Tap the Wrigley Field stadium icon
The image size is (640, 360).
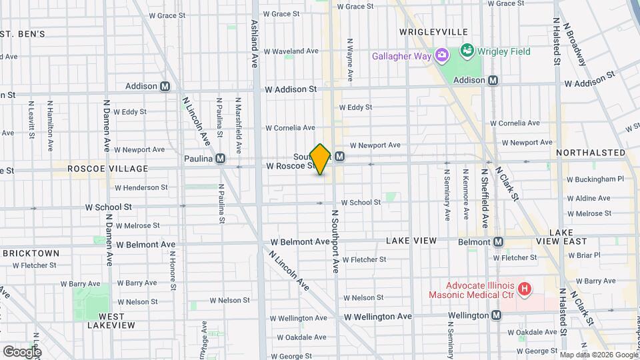coord(467,51)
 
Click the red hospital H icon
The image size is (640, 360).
coord(525,289)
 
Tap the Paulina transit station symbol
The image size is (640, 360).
coord(219,159)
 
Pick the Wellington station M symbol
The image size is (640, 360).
coord(496,315)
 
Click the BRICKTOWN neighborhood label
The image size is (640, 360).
coord(31,253)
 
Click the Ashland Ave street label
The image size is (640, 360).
coord(254,43)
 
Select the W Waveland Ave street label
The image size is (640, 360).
coord(292,51)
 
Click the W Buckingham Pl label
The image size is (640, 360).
coord(595,179)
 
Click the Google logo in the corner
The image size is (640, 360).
coord(22,351)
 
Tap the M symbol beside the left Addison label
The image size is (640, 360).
coord(165,86)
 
